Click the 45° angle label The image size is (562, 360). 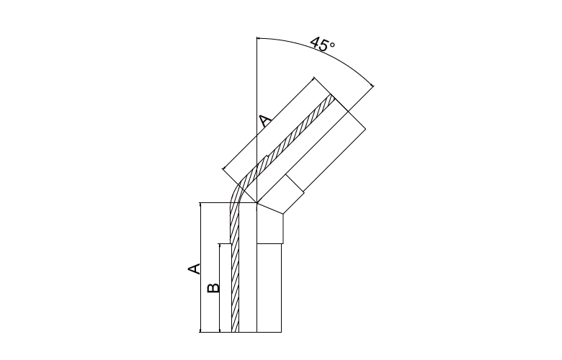pyautogui.click(x=322, y=44)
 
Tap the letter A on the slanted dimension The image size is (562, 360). pyautogui.click(x=266, y=122)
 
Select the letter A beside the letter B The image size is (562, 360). pyautogui.click(x=194, y=269)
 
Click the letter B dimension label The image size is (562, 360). pyautogui.click(x=213, y=288)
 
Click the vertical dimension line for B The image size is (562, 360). pyautogui.click(x=219, y=288)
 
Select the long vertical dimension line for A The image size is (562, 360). pyautogui.click(x=200, y=267)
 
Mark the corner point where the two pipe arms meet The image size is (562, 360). pyautogui.click(x=257, y=203)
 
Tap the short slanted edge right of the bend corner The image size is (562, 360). pyautogui.click(x=270, y=209)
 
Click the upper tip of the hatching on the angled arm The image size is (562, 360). pyautogui.click(x=332, y=95)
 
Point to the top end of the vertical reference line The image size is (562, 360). pyautogui.click(x=257, y=37)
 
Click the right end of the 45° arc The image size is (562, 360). pyautogui.click(x=373, y=86)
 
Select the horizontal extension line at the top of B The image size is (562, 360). pyautogui.click(x=225, y=244)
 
